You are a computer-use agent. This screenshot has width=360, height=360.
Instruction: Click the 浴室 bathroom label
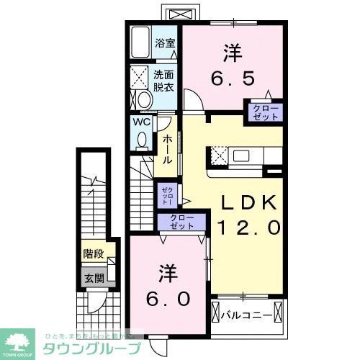coord(166,43)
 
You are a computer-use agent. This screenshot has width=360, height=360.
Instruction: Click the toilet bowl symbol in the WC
coord(142,139)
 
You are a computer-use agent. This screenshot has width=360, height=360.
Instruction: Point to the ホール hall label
coord(166,148)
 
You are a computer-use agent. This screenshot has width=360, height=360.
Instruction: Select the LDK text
coord(244,204)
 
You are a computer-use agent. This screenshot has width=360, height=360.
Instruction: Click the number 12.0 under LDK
coord(244,229)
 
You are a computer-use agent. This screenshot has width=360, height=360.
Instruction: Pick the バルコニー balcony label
coord(246,315)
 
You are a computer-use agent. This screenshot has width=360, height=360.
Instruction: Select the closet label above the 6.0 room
coord(183,222)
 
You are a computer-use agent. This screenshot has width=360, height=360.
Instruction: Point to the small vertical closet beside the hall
coord(166,194)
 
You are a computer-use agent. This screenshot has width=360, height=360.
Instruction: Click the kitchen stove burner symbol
coord(218,155)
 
